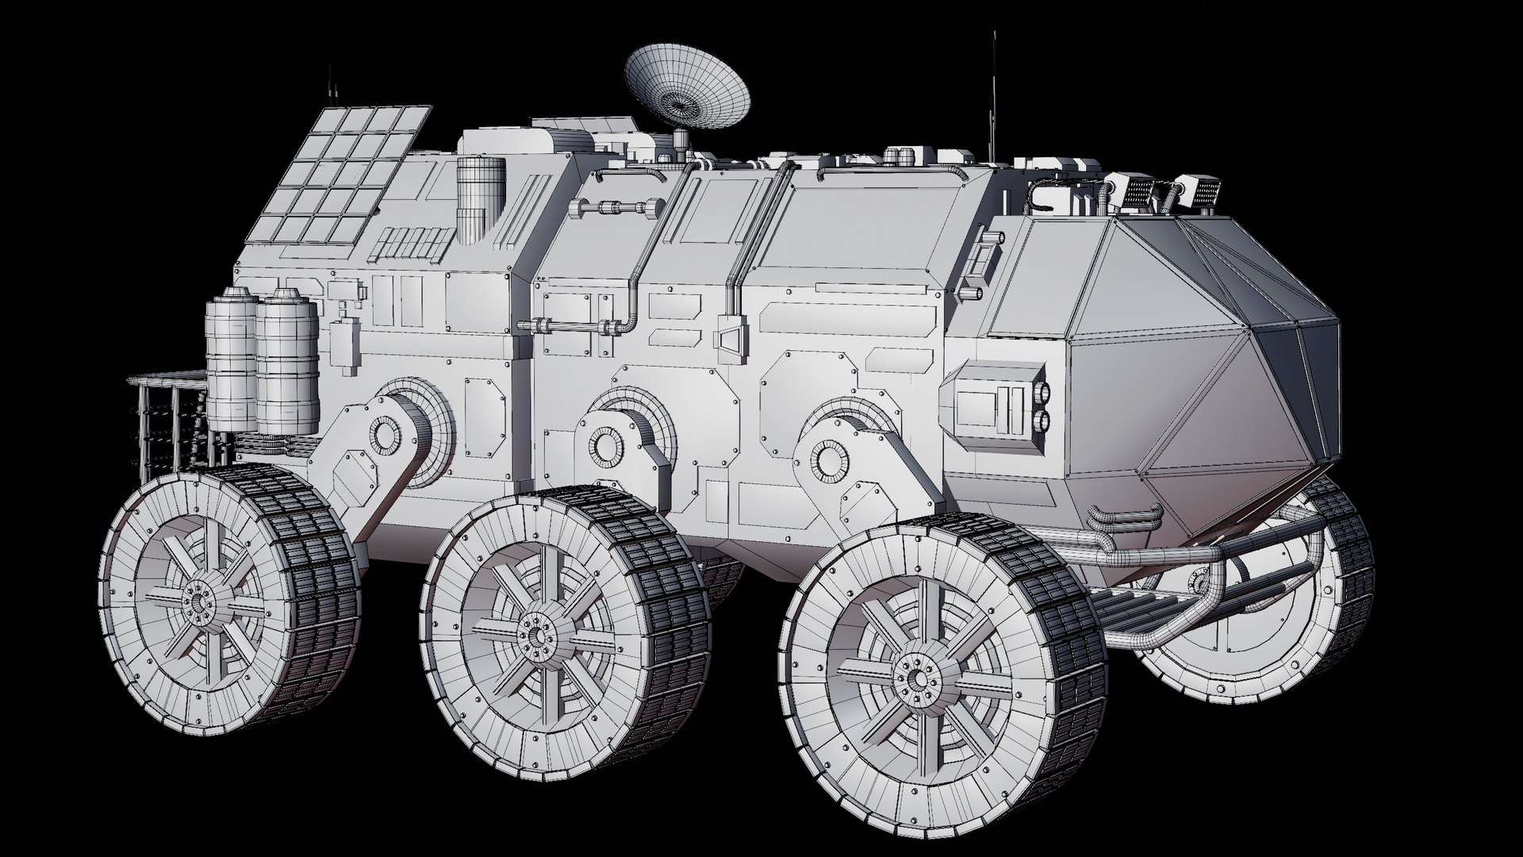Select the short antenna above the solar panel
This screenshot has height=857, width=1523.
coord(328,87)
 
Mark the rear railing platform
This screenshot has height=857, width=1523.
coord(171,425)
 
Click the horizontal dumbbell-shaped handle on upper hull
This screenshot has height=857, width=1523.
coord(622,209)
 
